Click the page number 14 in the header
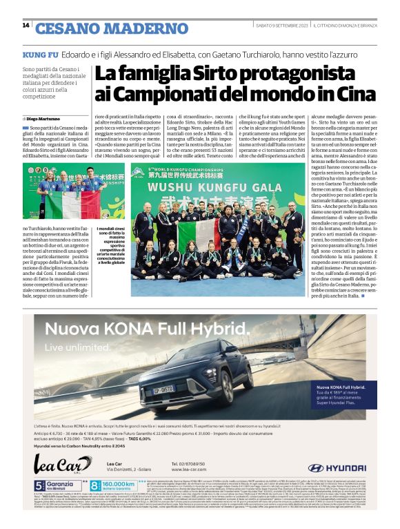(26, 26)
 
